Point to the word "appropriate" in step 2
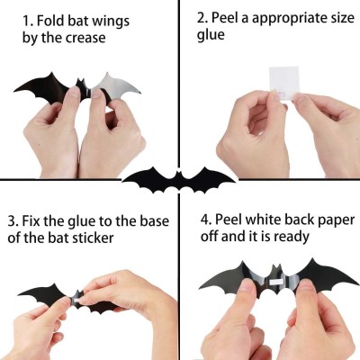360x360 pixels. pos(287,18)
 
